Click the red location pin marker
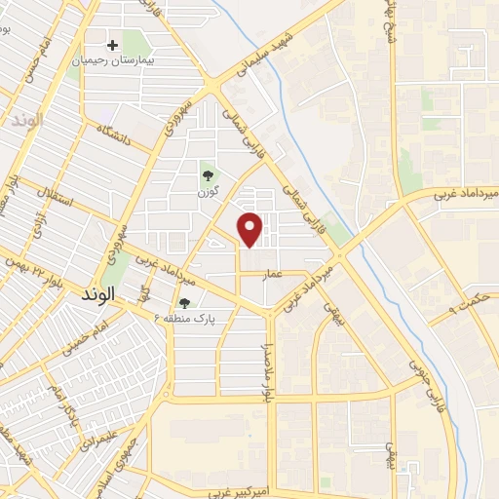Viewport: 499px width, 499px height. pos(251,228)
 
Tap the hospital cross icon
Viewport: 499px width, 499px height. pos(113,45)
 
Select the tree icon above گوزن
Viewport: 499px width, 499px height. pos(207,175)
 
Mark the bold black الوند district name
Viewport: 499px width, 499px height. pos(99,292)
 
